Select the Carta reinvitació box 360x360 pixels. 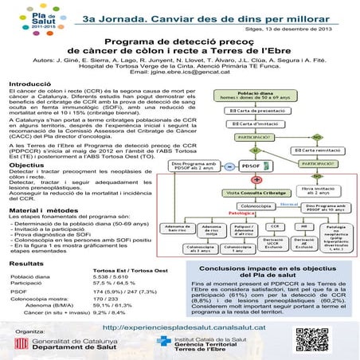pyautogui.click(x=317, y=149)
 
